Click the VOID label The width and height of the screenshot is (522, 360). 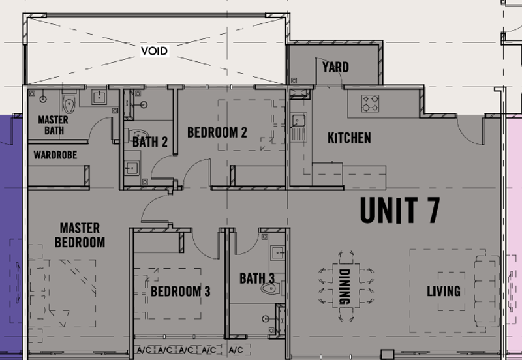pyautogui.click(x=154, y=51)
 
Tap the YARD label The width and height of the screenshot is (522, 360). pyautogui.click(x=335, y=67)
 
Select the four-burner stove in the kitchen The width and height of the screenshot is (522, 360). pyautogui.click(x=370, y=104)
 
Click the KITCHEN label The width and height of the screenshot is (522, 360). pyautogui.click(x=349, y=138)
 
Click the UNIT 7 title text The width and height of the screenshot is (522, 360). pyautogui.click(x=400, y=210)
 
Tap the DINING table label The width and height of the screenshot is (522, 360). pyautogui.click(x=345, y=286)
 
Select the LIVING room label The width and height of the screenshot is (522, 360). pyautogui.click(x=444, y=291)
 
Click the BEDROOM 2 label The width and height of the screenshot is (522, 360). pyautogui.click(x=217, y=132)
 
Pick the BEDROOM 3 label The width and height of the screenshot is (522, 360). pyautogui.click(x=181, y=292)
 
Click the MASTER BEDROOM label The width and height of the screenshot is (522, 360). pyautogui.click(x=80, y=235)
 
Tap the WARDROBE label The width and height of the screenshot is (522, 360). pyautogui.click(x=55, y=155)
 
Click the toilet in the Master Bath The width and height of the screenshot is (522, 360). pyautogui.click(x=69, y=102)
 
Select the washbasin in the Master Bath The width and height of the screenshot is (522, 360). pyautogui.click(x=99, y=98)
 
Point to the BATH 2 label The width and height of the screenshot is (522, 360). pyautogui.click(x=150, y=142)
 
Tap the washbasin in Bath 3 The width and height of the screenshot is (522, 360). pyautogui.click(x=277, y=253)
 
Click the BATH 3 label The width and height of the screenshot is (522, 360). pyautogui.click(x=257, y=278)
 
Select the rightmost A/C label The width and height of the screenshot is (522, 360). pyautogui.click(x=236, y=350)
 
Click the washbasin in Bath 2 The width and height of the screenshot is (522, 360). pyautogui.click(x=132, y=168)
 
